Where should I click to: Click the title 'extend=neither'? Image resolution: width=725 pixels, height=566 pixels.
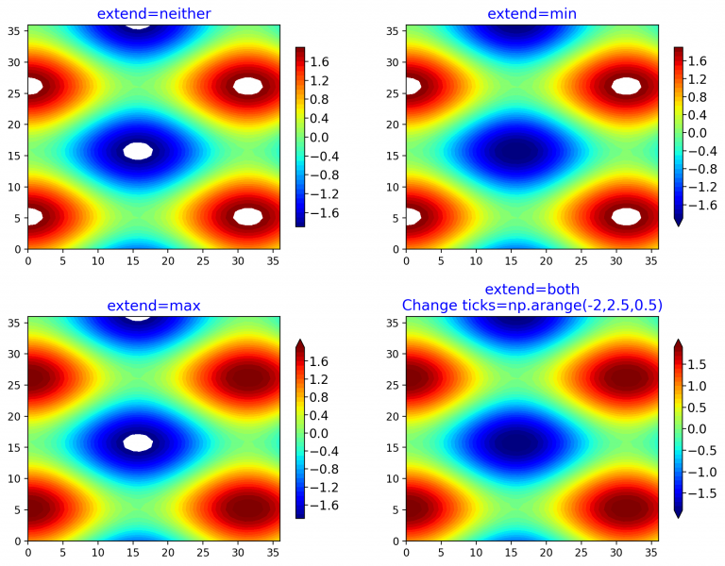pyautogui.click(x=154, y=13)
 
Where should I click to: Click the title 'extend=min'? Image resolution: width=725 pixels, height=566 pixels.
pyautogui.click(x=532, y=13)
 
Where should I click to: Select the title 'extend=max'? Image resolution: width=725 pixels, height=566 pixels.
pyautogui.click(x=154, y=306)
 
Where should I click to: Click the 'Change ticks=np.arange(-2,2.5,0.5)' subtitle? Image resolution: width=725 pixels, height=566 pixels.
pyautogui.click(x=532, y=305)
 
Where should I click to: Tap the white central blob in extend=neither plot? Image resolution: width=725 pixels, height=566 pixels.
pyautogui.click(x=138, y=151)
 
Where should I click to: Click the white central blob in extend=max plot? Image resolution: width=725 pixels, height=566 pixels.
pyautogui.click(x=138, y=442)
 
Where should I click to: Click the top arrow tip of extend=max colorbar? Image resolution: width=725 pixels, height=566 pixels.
pyautogui.click(x=299, y=341)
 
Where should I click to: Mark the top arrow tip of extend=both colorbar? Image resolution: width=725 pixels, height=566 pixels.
pyautogui.click(x=678, y=341)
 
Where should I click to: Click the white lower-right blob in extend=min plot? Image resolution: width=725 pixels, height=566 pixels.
pyautogui.click(x=626, y=216)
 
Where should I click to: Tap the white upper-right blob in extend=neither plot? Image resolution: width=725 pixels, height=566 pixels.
pyautogui.click(x=247, y=86)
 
